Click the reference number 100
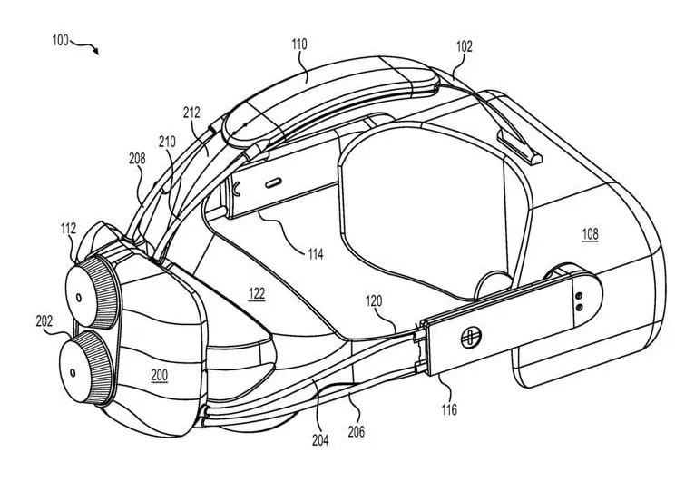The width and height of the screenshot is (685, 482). point(60,40)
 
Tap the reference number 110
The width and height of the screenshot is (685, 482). point(299,44)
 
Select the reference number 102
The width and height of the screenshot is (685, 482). point(464,46)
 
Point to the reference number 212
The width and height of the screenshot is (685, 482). point(191,113)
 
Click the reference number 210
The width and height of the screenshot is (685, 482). point(167,142)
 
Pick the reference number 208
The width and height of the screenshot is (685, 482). point(137,158)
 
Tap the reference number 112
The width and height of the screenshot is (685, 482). point(68,229)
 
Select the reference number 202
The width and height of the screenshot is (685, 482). point(44,321)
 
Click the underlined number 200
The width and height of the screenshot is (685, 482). point(160,376)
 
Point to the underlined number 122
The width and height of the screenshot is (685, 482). point(257,294)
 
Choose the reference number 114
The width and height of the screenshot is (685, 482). point(316,254)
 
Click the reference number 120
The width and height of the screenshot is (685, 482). point(374,300)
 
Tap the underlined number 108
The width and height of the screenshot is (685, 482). point(590,234)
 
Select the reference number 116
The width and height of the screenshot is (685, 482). point(449,409)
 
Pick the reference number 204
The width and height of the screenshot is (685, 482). point(320,440)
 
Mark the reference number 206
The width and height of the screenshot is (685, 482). point(356,432)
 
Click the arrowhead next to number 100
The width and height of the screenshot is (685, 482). point(95,51)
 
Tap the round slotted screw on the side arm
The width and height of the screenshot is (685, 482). point(471,338)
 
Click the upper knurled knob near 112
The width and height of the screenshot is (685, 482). point(93,291)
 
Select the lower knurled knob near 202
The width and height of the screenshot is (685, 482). point(87,367)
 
